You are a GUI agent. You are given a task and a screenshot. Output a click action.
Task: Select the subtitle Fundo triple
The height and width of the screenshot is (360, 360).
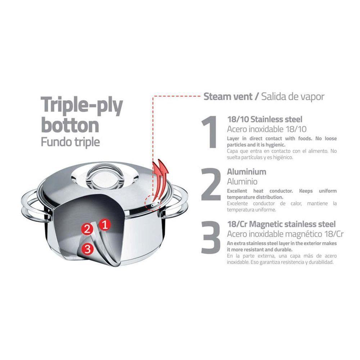(x=71, y=141)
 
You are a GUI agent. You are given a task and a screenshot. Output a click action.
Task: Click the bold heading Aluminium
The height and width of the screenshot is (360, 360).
(x=247, y=172)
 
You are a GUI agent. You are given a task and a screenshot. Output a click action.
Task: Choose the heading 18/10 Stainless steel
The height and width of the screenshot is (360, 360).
(x=265, y=119)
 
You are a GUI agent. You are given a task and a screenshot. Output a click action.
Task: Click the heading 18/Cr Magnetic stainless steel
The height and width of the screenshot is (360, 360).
(x=281, y=224)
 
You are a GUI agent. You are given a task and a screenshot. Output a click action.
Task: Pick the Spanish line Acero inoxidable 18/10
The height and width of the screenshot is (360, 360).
(x=267, y=129)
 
